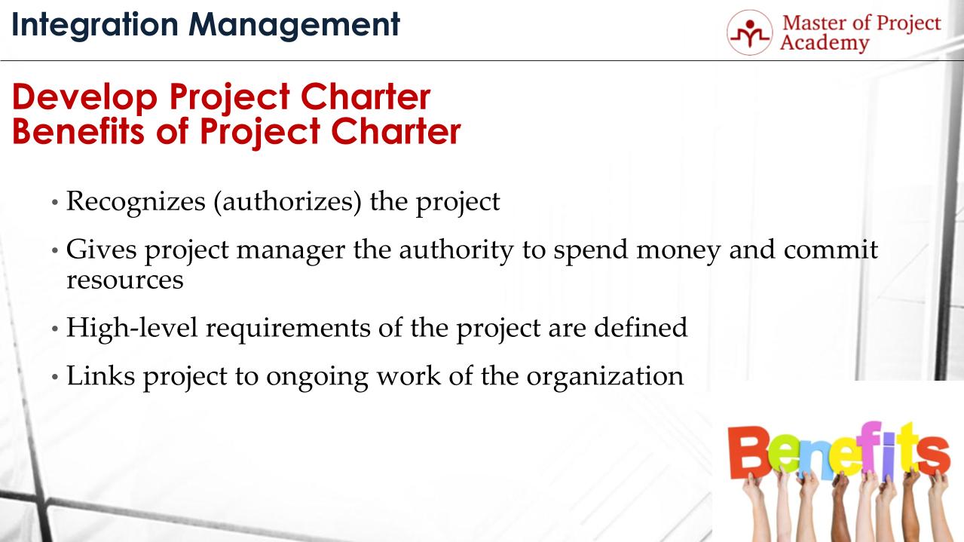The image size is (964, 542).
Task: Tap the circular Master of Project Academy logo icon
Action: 749,32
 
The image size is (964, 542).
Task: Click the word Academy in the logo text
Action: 824,42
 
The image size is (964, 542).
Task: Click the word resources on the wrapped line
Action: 124,280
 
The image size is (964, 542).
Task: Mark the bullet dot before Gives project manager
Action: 55,251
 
